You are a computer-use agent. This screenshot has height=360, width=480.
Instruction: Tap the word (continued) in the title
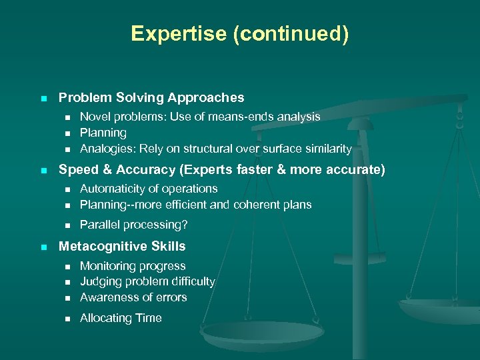pyautogui.click(x=290, y=33)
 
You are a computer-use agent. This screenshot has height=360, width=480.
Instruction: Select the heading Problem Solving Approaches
pyautogui.click(x=151, y=97)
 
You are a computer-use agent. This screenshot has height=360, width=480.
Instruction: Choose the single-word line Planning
pyautogui.click(x=103, y=133)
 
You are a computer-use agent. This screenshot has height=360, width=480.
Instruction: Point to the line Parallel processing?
pyautogui.click(x=133, y=225)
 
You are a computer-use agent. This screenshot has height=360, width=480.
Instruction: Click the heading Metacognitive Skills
pyautogui.click(x=122, y=246)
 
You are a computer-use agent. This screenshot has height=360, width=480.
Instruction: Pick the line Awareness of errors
pyautogui.click(x=133, y=297)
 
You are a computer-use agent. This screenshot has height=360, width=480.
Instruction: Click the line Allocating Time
pyautogui.click(x=121, y=318)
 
